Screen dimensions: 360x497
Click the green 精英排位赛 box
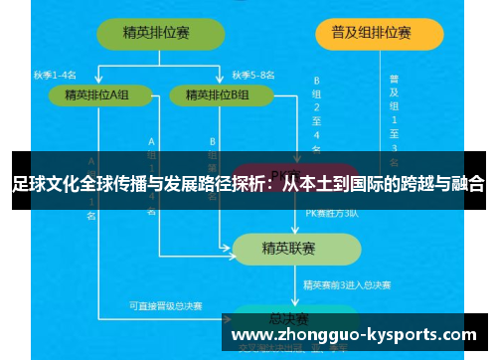point(157,33)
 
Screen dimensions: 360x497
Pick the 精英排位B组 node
point(221,95)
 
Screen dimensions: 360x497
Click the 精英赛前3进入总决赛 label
point(347,286)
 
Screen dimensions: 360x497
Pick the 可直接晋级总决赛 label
point(164,306)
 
